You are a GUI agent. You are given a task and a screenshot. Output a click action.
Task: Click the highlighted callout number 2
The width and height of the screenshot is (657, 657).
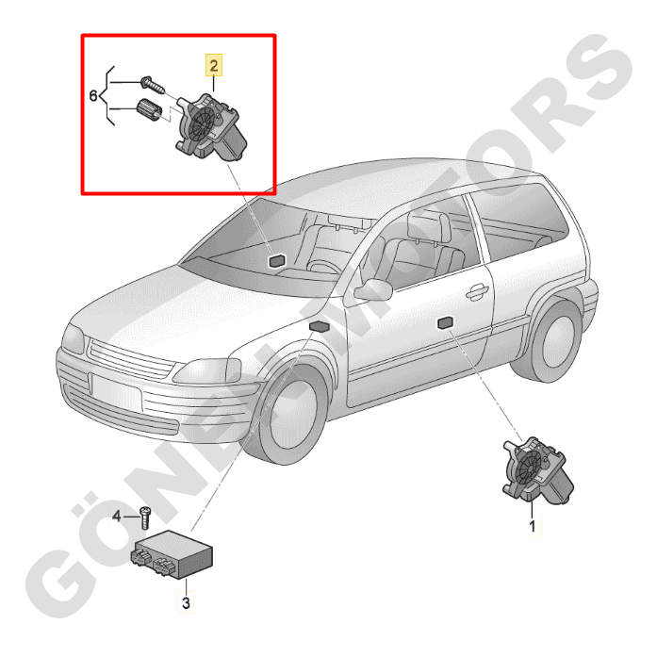(x=214, y=66)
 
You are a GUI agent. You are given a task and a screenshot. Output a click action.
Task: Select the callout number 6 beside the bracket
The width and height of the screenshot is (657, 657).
(x=93, y=96)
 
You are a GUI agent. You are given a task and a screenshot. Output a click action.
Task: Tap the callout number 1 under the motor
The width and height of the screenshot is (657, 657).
(x=533, y=526)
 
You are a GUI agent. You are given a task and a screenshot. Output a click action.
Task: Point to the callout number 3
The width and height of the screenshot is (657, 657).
(x=186, y=603)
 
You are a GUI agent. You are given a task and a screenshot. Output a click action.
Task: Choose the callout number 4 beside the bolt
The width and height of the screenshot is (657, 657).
(x=117, y=517)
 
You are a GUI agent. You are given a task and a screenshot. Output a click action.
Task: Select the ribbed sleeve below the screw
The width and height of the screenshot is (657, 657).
(x=148, y=110)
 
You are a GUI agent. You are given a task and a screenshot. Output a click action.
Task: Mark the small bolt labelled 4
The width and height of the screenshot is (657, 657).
(x=144, y=518)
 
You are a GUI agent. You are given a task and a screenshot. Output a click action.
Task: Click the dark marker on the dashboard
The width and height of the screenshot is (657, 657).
(x=276, y=260)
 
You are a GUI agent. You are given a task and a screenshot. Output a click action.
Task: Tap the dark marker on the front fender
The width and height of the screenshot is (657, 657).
(x=320, y=325)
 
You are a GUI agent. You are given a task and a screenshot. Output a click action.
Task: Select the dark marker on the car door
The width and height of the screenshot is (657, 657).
(x=445, y=322)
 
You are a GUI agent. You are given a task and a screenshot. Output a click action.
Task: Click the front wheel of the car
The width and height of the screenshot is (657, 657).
(x=290, y=413)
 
